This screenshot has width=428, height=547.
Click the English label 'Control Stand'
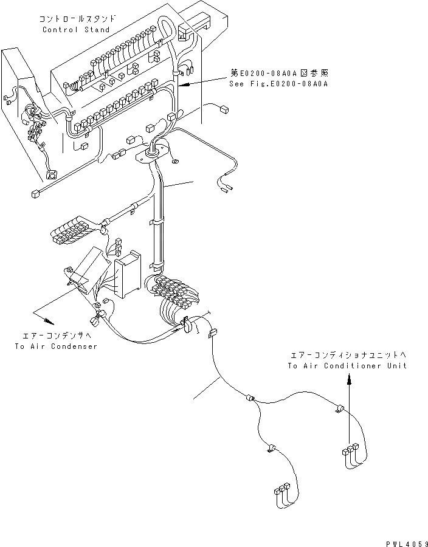76,30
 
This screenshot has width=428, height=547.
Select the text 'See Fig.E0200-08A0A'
279,83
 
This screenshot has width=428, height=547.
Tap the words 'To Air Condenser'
55,346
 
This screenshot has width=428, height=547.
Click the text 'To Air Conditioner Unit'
347,365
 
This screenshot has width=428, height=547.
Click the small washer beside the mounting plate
175,161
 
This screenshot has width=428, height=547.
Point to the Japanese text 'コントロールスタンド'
76,19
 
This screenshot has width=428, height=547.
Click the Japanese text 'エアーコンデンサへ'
55,335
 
